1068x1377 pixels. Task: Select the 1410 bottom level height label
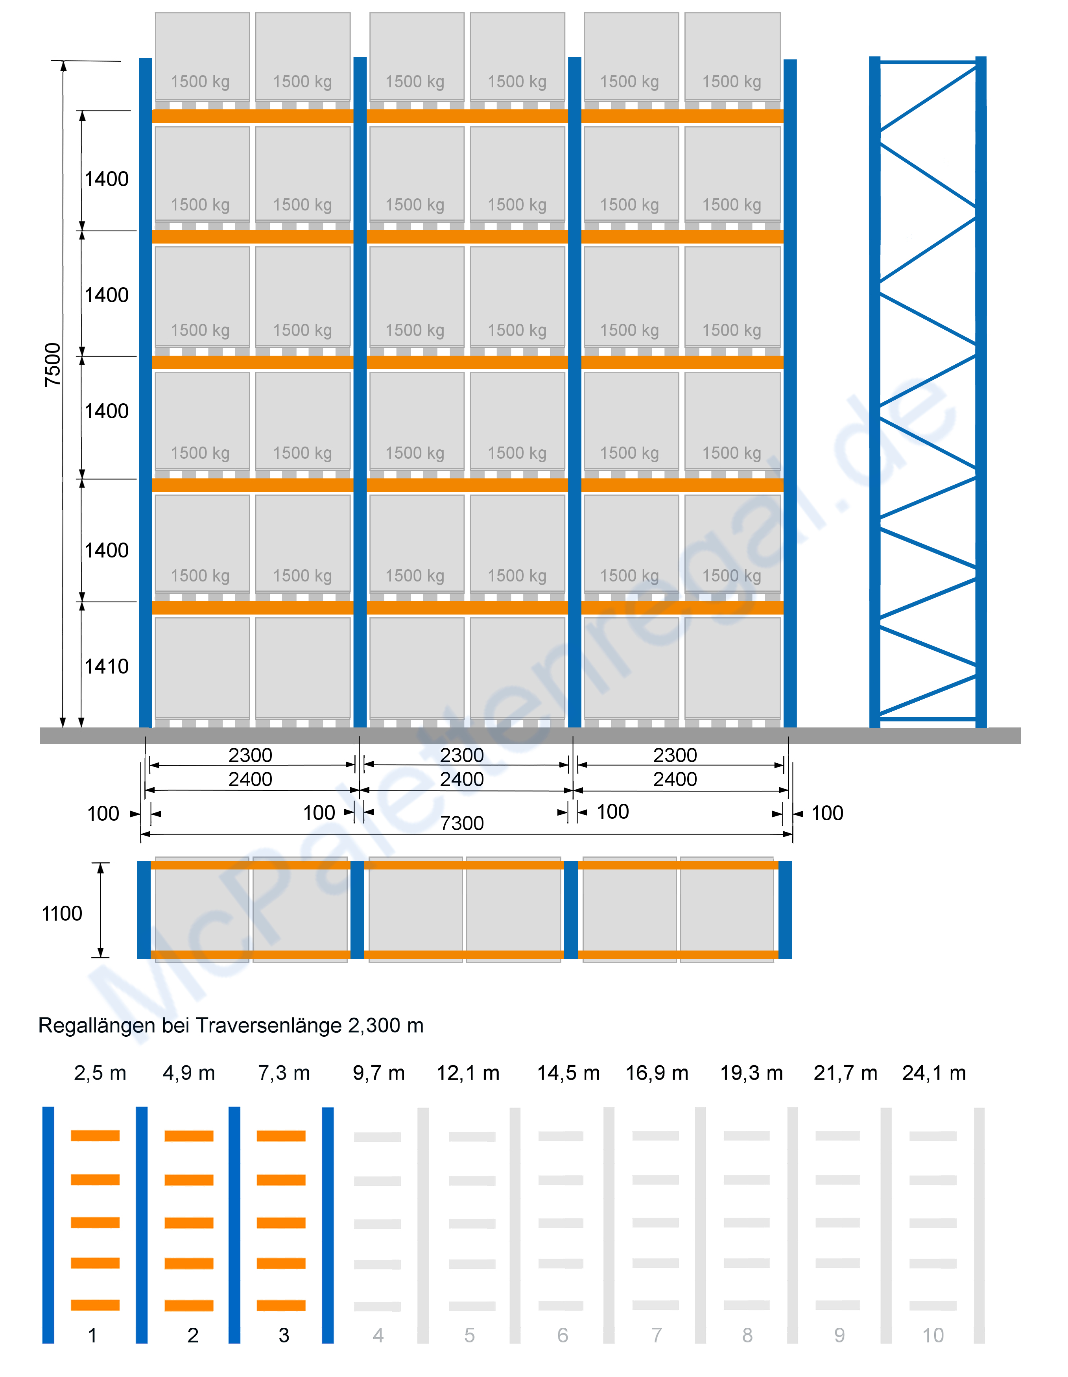(x=107, y=666)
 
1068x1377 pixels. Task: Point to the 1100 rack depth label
(x=62, y=914)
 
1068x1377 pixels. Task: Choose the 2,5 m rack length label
(x=100, y=1073)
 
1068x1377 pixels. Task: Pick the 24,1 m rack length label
(x=934, y=1073)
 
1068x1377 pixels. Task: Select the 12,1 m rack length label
(x=468, y=1073)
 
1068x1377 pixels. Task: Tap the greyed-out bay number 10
(x=933, y=1335)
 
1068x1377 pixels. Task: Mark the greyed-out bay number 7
(x=656, y=1335)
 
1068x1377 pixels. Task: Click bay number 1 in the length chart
(x=93, y=1335)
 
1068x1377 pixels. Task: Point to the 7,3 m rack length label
(x=284, y=1073)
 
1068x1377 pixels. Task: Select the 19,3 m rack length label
(x=751, y=1073)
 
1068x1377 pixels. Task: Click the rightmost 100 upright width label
(x=827, y=813)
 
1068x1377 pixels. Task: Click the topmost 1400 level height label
(x=107, y=179)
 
